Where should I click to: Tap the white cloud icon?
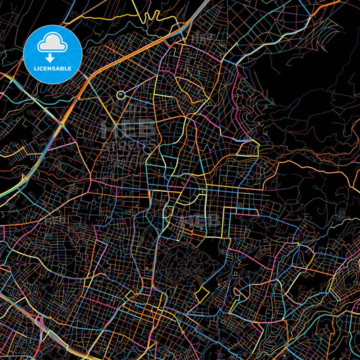[53, 41]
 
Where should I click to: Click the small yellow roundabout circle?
[120, 95]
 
